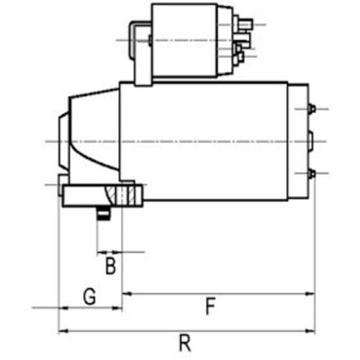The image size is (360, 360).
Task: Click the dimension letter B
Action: tap(111, 266)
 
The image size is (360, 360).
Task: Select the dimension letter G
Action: tap(89, 297)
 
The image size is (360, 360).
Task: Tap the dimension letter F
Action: tap(210, 306)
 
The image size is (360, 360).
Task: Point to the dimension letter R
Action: tap(185, 343)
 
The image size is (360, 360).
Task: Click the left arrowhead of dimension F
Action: tap(127, 294)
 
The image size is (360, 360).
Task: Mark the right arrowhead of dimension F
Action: tap(310, 294)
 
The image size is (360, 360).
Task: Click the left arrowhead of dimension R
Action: tap(63, 331)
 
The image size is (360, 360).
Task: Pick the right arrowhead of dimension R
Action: tap(310, 331)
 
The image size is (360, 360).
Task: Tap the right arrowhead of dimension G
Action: tap(117, 308)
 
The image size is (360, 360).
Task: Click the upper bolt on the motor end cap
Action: tap(312, 109)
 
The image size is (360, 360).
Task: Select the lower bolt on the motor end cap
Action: tap(312, 174)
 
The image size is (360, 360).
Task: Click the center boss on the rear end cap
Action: tap(311, 142)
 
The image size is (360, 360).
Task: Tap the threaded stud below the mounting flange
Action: tap(104, 213)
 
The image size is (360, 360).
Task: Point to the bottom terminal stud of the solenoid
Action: tap(240, 57)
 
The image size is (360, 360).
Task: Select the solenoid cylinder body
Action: tap(185, 40)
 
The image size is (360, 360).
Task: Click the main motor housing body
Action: tap(204, 141)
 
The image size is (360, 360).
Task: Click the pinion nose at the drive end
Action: tap(64, 142)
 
